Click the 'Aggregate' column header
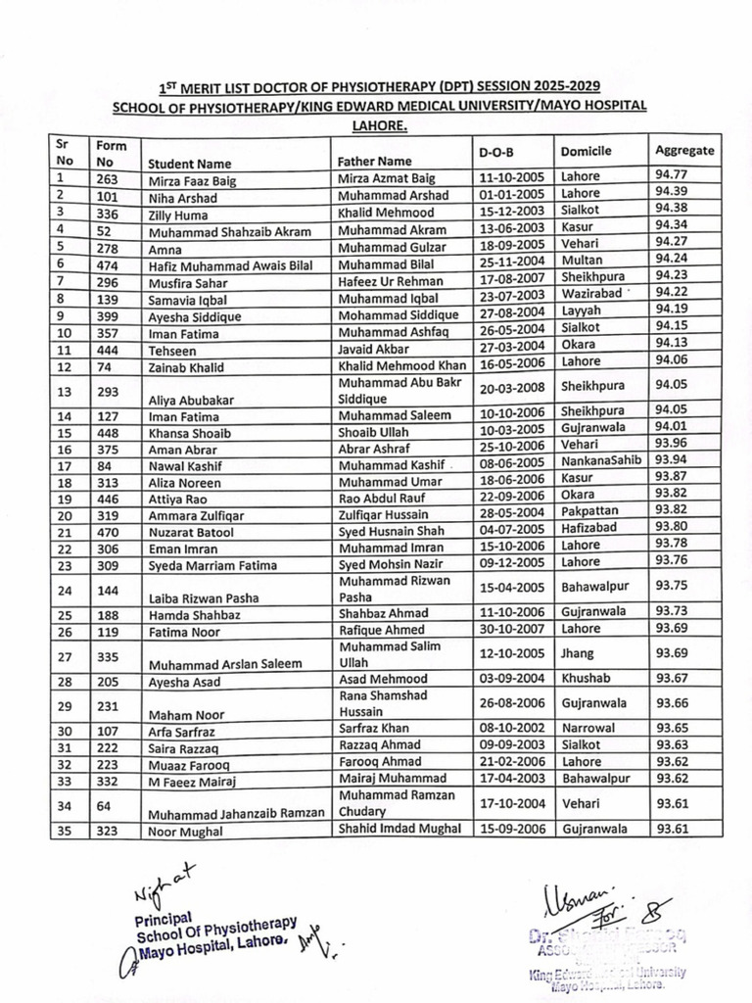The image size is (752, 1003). click(x=684, y=151)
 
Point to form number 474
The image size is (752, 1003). click(x=108, y=263)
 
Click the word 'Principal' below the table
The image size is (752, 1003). click(x=161, y=922)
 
